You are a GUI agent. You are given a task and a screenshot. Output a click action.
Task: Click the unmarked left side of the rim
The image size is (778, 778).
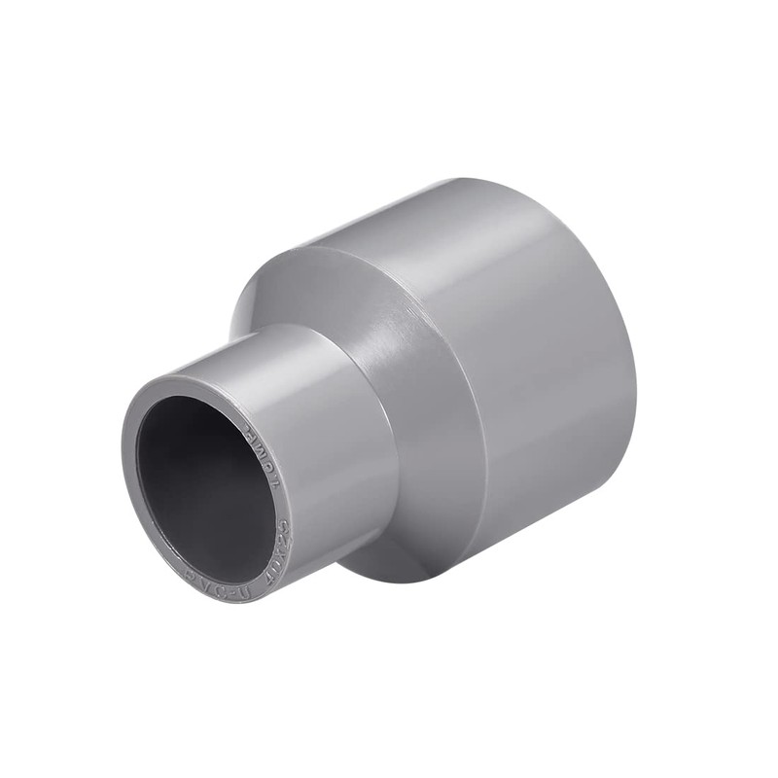pyautogui.click(x=130, y=486)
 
